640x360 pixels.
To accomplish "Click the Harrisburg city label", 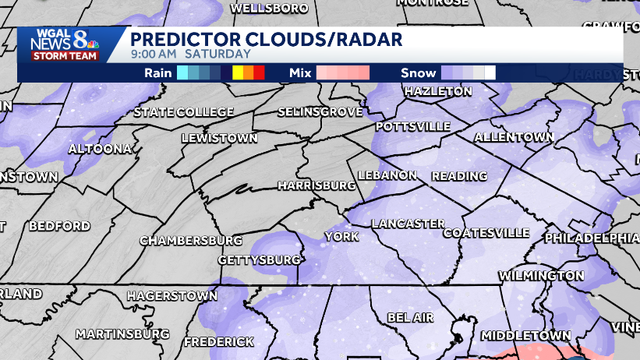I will (313, 185).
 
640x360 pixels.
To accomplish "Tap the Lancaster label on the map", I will (408, 224).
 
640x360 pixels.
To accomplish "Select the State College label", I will (184, 112).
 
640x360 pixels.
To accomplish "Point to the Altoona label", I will (99, 148).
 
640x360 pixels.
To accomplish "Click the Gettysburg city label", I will (259, 259).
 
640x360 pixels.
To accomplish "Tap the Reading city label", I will (459, 176).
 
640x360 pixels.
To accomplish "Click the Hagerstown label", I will (171, 296).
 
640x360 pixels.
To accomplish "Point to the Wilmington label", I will (541, 276).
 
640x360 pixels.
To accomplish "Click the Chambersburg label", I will (191, 240).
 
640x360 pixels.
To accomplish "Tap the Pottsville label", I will (413, 125).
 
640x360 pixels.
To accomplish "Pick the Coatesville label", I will (486, 233).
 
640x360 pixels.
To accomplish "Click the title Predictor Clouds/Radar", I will (266, 40).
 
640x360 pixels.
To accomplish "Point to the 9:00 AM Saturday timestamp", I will (191, 55).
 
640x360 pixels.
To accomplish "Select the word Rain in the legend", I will (157, 73).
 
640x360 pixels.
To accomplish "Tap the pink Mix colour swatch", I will (343, 73).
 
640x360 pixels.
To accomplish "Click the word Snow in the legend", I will (419, 73).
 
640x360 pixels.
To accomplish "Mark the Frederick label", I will (219, 341).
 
